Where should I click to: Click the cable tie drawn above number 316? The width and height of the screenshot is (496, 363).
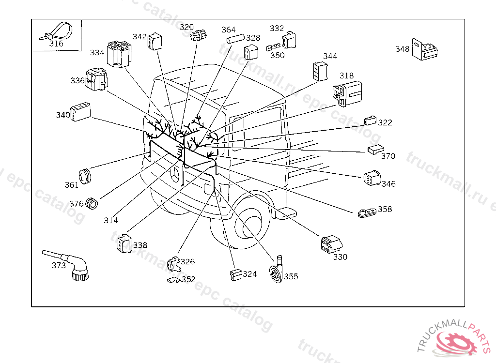(57, 31)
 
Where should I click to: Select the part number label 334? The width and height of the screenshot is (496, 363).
(97, 52)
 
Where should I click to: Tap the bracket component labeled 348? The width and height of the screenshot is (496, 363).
(425, 49)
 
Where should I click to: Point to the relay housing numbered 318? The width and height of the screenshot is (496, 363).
(347, 93)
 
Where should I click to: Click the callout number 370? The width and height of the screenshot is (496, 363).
(388, 156)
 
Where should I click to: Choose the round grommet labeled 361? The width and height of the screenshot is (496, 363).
(85, 177)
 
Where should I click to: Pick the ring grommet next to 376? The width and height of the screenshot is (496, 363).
(92, 203)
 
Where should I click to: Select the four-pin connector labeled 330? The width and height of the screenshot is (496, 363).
(331, 244)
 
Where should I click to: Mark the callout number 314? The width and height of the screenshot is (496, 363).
(111, 220)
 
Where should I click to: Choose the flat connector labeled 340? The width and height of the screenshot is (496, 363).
(80, 112)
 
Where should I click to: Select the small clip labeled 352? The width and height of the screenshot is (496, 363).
(173, 280)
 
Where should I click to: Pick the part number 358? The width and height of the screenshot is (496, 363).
(385, 209)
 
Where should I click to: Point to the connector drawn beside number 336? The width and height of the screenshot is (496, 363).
(96, 79)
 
